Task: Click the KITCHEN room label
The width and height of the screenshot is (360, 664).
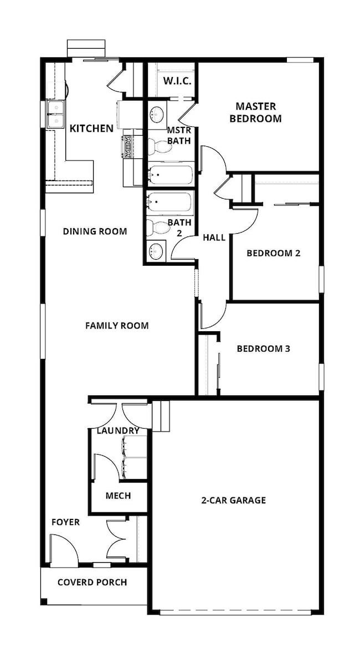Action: [91, 128]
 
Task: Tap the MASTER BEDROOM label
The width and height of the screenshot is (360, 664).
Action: [255, 112]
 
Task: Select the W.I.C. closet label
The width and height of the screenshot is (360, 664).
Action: [177, 81]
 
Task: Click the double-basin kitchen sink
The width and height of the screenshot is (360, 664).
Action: [55, 114]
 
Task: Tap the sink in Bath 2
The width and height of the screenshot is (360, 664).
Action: [157, 251]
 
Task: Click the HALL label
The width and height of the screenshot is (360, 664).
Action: [214, 238]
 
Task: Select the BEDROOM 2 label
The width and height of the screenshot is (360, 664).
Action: [273, 253]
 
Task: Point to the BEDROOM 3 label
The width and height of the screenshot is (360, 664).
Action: [263, 349]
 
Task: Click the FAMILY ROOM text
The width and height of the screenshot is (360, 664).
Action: [117, 326]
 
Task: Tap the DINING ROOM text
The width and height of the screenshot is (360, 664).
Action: [95, 231]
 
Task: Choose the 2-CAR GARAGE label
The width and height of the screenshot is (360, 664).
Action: [233, 500]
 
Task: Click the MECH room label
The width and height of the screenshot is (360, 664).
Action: [118, 496]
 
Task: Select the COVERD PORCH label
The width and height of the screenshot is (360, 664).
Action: [92, 582]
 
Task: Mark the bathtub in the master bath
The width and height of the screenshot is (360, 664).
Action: [170, 175]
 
